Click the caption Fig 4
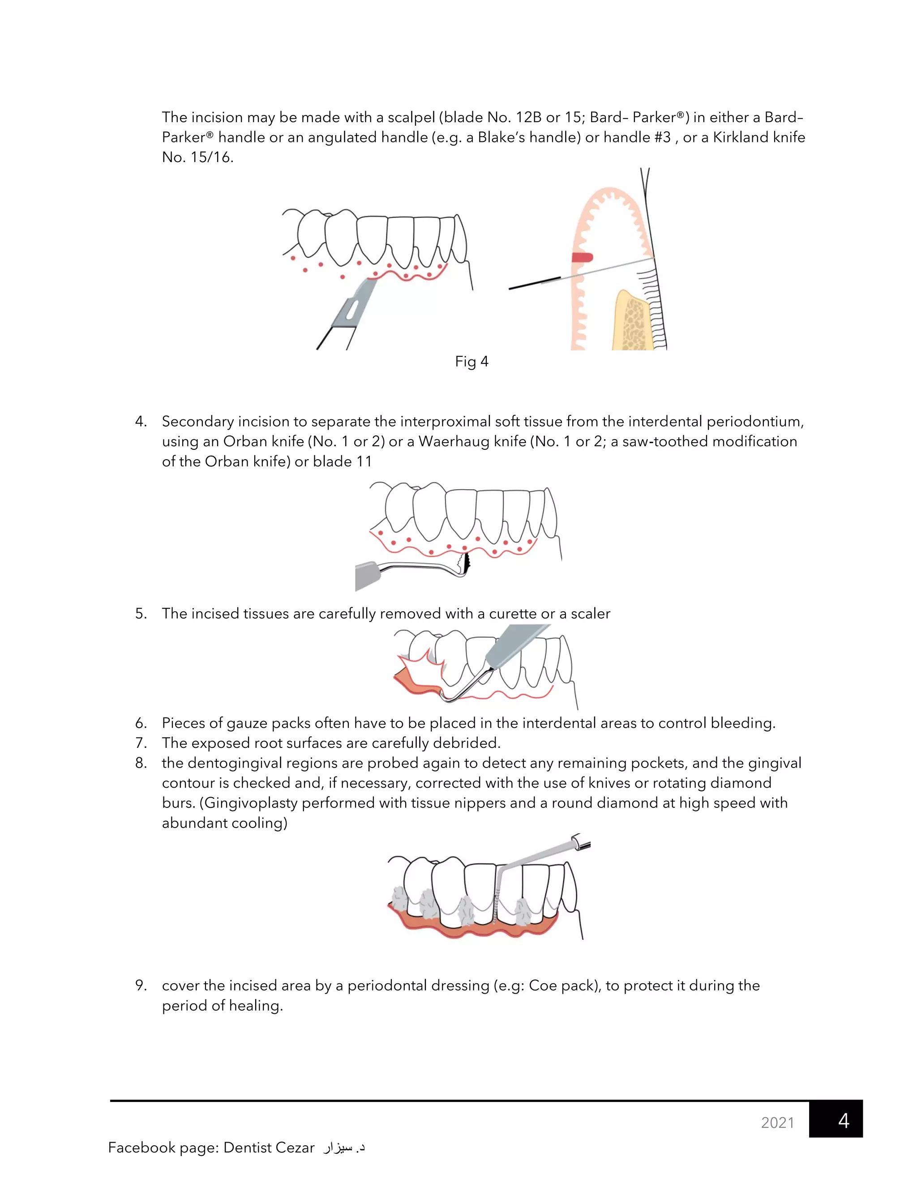click(471, 362)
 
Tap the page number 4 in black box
click(843, 1120)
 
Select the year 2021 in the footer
click(777, 1122)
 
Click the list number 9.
click(141, 985)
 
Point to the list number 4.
click(141, 422)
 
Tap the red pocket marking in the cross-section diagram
click(582, 257)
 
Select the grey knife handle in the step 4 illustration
click(367, 576)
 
